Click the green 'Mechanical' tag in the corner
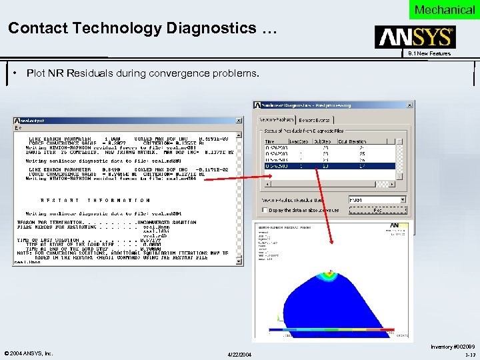(444, 9)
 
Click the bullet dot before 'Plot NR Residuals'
(15, 73)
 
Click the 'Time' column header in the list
(269, 141)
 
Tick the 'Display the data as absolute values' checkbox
(265, 210)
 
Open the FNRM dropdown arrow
(403, 199)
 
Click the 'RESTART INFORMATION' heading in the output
(95, 200)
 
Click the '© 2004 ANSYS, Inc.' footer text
(28, 353)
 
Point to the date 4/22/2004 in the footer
(239, 353)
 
